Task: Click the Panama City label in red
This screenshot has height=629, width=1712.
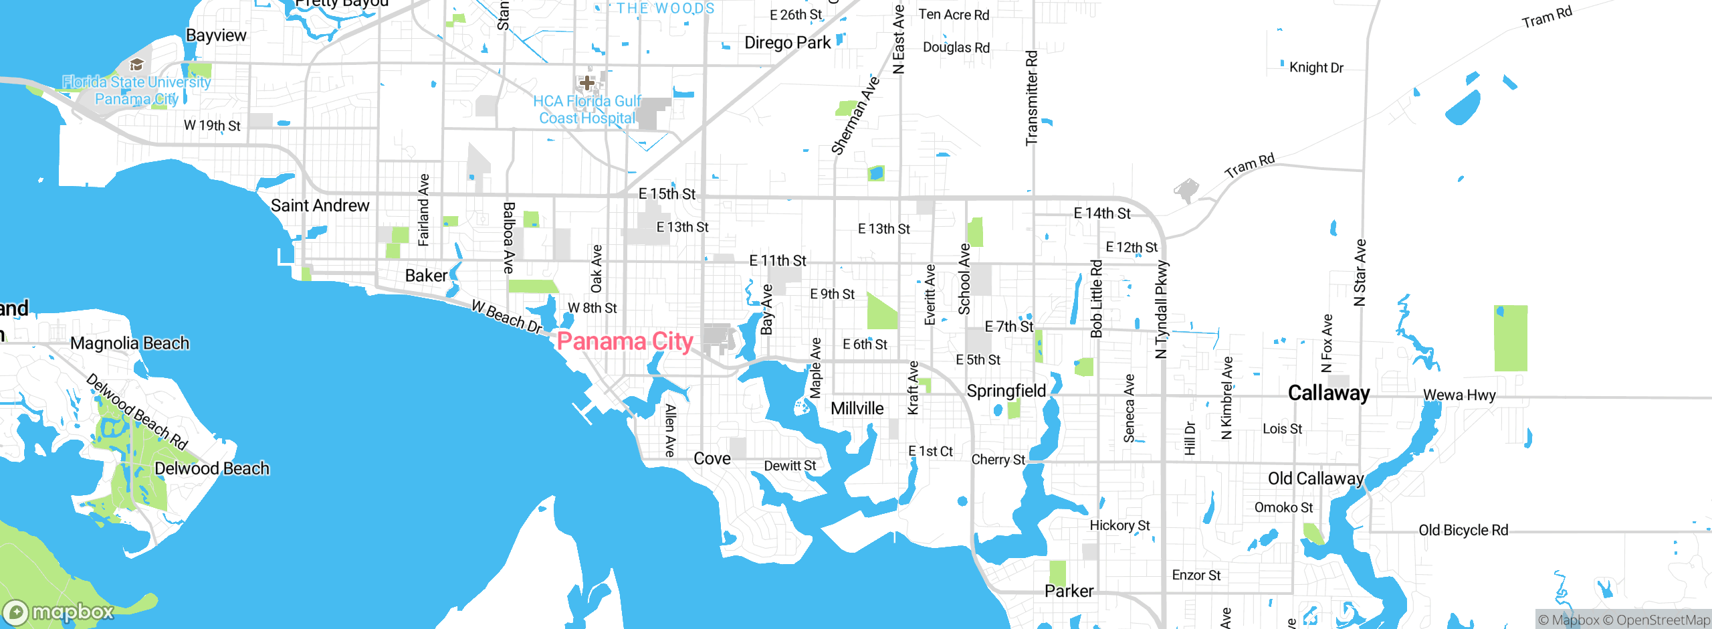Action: pyautogui.click(x=625, y=341)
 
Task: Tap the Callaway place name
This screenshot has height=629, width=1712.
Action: pyautogui.click(x=1329, y=393)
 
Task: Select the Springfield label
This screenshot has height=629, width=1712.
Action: pyautogui.click(x=1006, y=391)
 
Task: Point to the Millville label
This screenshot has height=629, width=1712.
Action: pyautogui.click(x=857, y=408)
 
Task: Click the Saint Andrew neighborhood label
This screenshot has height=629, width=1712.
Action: pyautogui.click(x=320, y=205)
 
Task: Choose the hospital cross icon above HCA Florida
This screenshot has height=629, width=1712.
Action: pyautogui.click(x=586, y=82)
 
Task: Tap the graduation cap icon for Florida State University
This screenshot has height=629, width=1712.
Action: pyautogui.click(x=137, y=64)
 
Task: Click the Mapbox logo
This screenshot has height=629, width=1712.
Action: pyautogui.click(x=59, y=612)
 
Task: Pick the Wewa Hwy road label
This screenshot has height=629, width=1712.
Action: pyautogui.click(x=1459, y=395)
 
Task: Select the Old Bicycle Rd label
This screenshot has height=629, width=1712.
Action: pyautogui.click(x=1463, y=530)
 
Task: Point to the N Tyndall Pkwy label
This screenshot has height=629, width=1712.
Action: pyautogui.click(x=1161, y=309)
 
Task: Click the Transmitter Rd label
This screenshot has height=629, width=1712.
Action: pyautogui.click(x=1032, y=98)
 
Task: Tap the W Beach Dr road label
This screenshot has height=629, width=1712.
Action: pyautogui.click(x=506, y=317)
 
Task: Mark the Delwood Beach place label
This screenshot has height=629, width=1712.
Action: pyautogui.click(x=211, y=468)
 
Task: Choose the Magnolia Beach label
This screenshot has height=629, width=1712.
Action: pyautogui.click(x=130, y=343)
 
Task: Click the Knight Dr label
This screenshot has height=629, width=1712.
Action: pyautogui.click(x=1316, y=68)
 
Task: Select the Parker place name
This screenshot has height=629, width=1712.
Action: pyautogui.click(x=1069, y=591)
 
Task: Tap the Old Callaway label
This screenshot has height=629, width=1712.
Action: pyautogui.click(x=1315, y=478)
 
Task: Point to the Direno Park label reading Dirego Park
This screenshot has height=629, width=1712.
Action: pyautogui.click(x=787, y=43)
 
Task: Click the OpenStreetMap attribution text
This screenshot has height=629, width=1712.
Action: pyautogui.click(x=1663, y=620)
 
